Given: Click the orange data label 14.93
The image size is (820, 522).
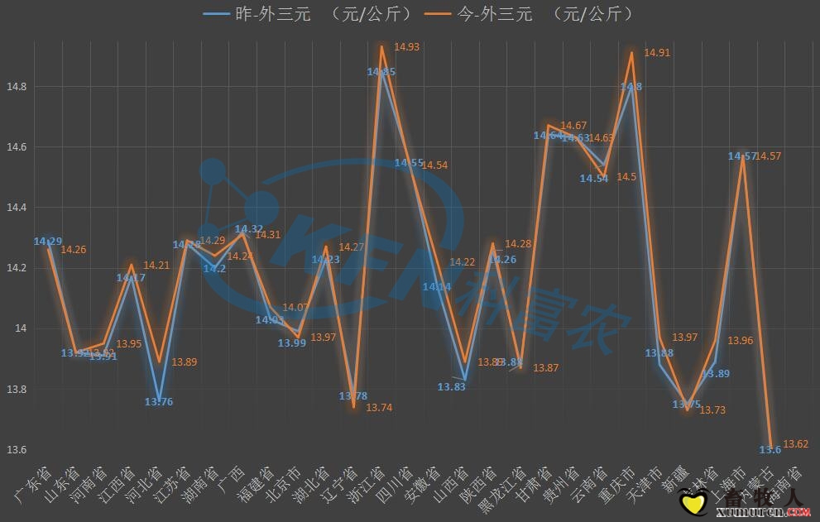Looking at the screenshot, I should [406, 47].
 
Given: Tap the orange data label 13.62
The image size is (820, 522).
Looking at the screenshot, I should [796, 444].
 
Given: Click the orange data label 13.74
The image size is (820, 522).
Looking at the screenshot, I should [379, 408].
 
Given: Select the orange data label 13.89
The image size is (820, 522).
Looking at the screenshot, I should [184, 362].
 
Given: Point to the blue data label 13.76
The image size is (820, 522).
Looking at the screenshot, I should [158, 402].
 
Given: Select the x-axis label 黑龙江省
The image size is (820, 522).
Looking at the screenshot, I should [501, 488].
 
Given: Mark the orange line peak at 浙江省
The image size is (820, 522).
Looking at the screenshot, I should [381, 46].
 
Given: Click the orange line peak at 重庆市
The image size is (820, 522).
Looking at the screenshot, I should [632, 52].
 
